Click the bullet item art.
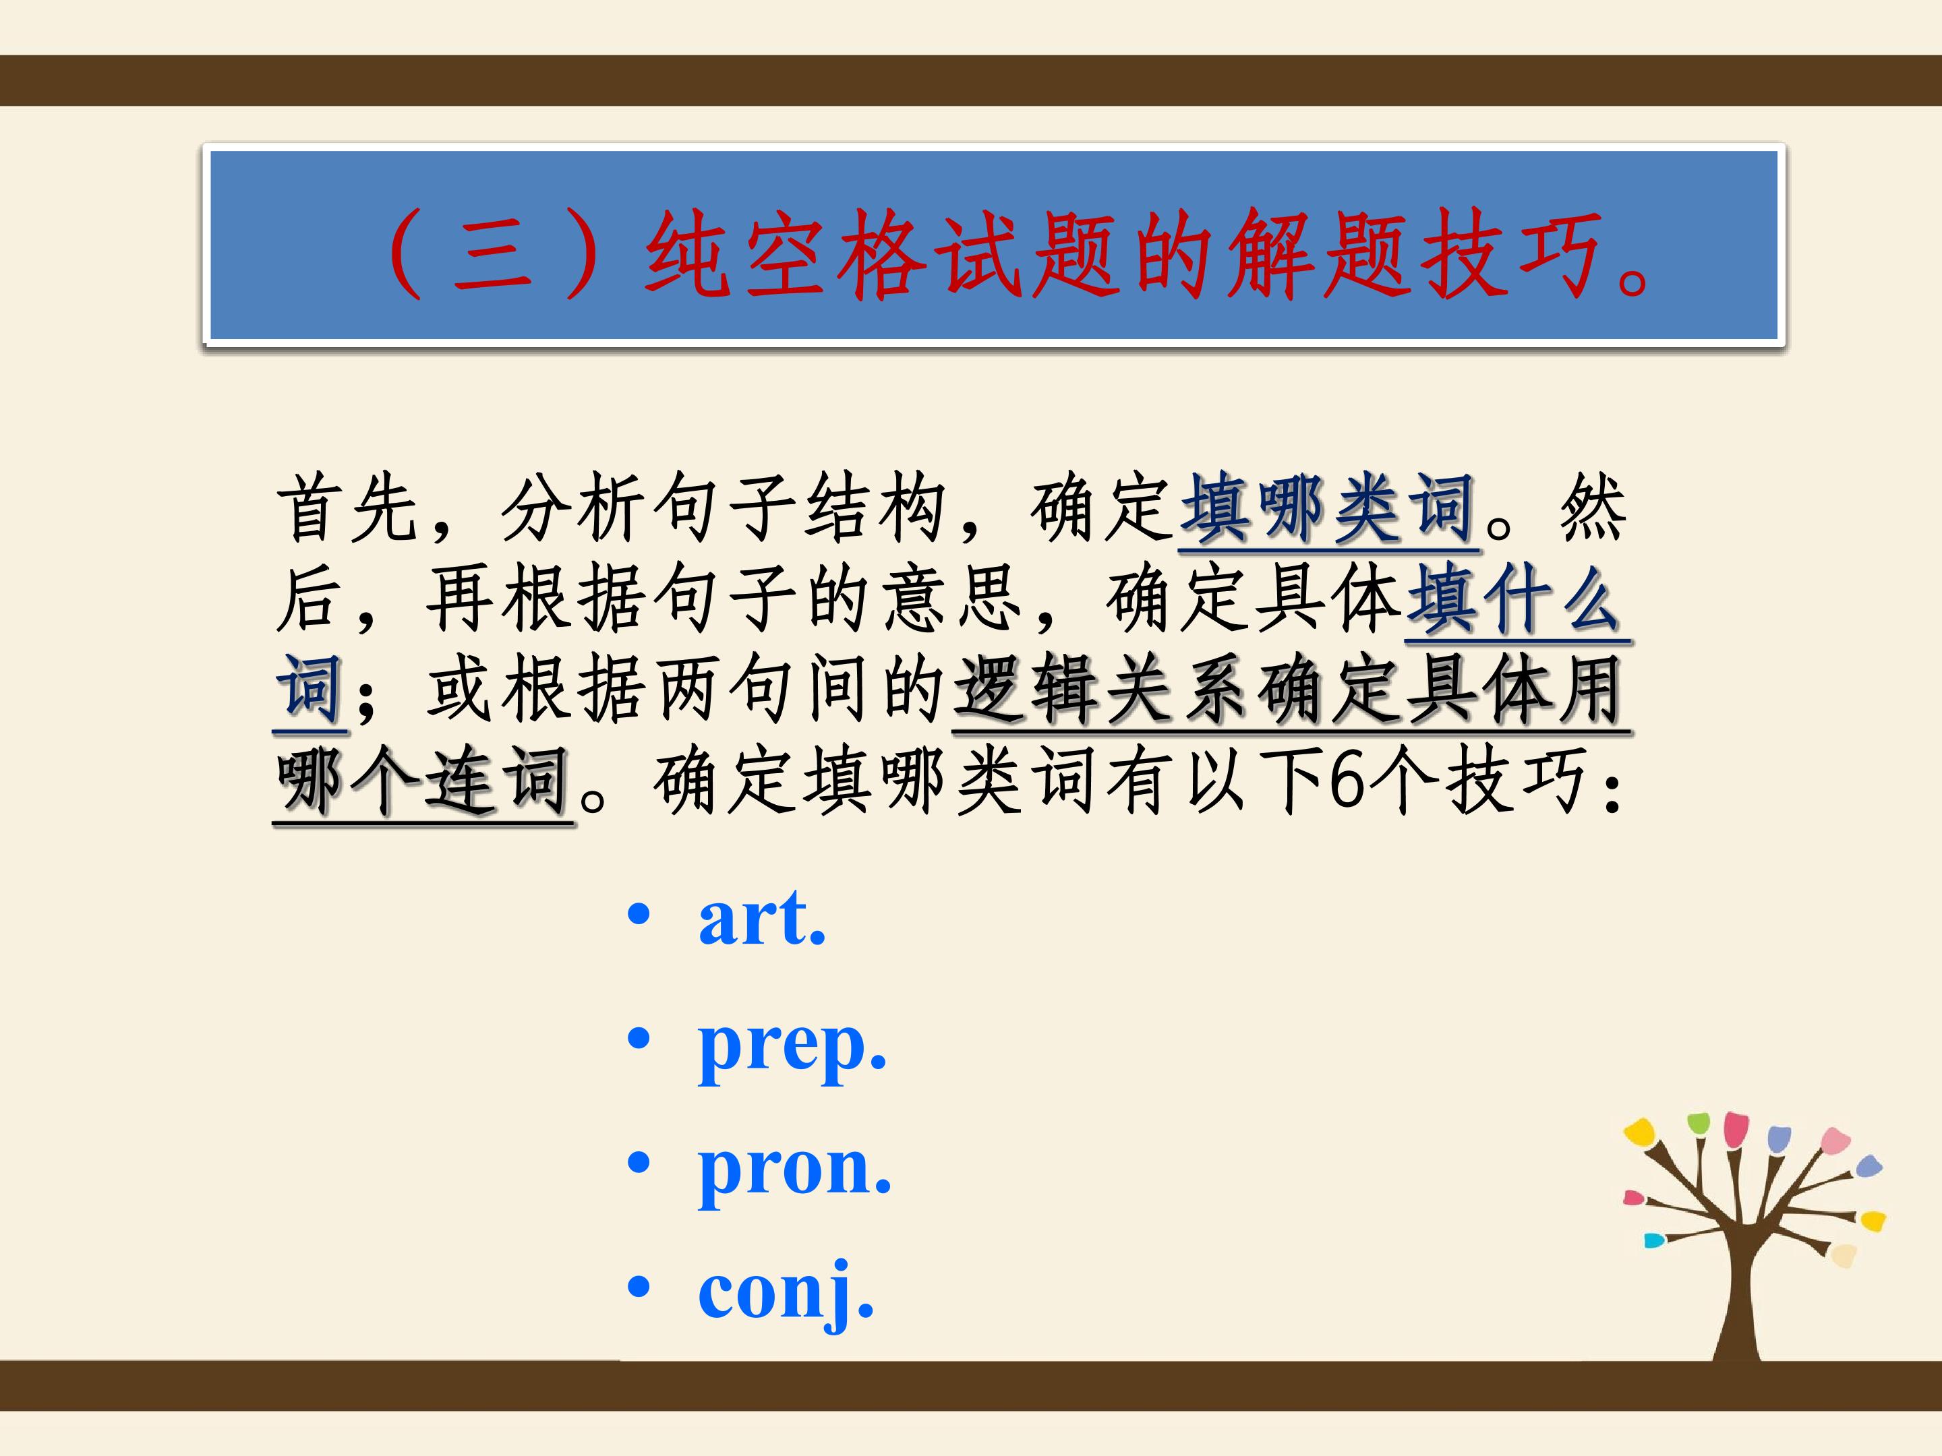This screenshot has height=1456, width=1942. coord(762,918)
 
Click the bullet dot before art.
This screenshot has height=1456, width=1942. coord(639,915)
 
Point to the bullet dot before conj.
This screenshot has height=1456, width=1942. coord(639,1287)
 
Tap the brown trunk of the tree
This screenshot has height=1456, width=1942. coord(1736,1299)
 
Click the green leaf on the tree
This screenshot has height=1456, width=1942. coord(1699,1122)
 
